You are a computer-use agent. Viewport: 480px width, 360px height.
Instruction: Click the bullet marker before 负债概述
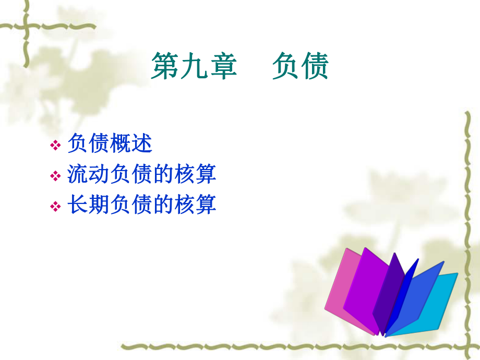click(x=55, y=146)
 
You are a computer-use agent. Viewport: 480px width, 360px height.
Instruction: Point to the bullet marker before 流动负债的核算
click(x=55, y=176)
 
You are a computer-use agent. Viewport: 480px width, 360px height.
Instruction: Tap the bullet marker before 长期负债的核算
click(x=55, y=207)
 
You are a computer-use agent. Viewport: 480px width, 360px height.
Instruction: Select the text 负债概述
click(x=110, y=144)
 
